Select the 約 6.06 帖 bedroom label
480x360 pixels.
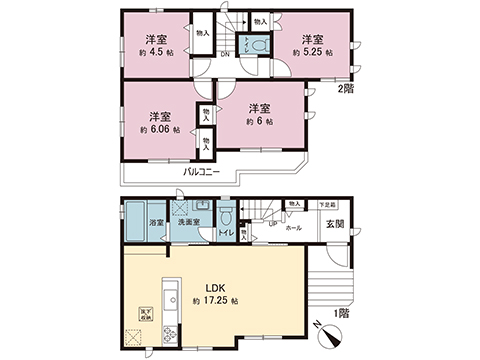[x=160, y=129]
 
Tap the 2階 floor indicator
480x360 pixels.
[x=345, y=91]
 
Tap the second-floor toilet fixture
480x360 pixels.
[x=259, y=46]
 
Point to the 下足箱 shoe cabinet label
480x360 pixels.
[x=327, y=203]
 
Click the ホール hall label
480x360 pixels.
[x=294, y=227]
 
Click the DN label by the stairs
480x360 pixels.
[x=225, y=52]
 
